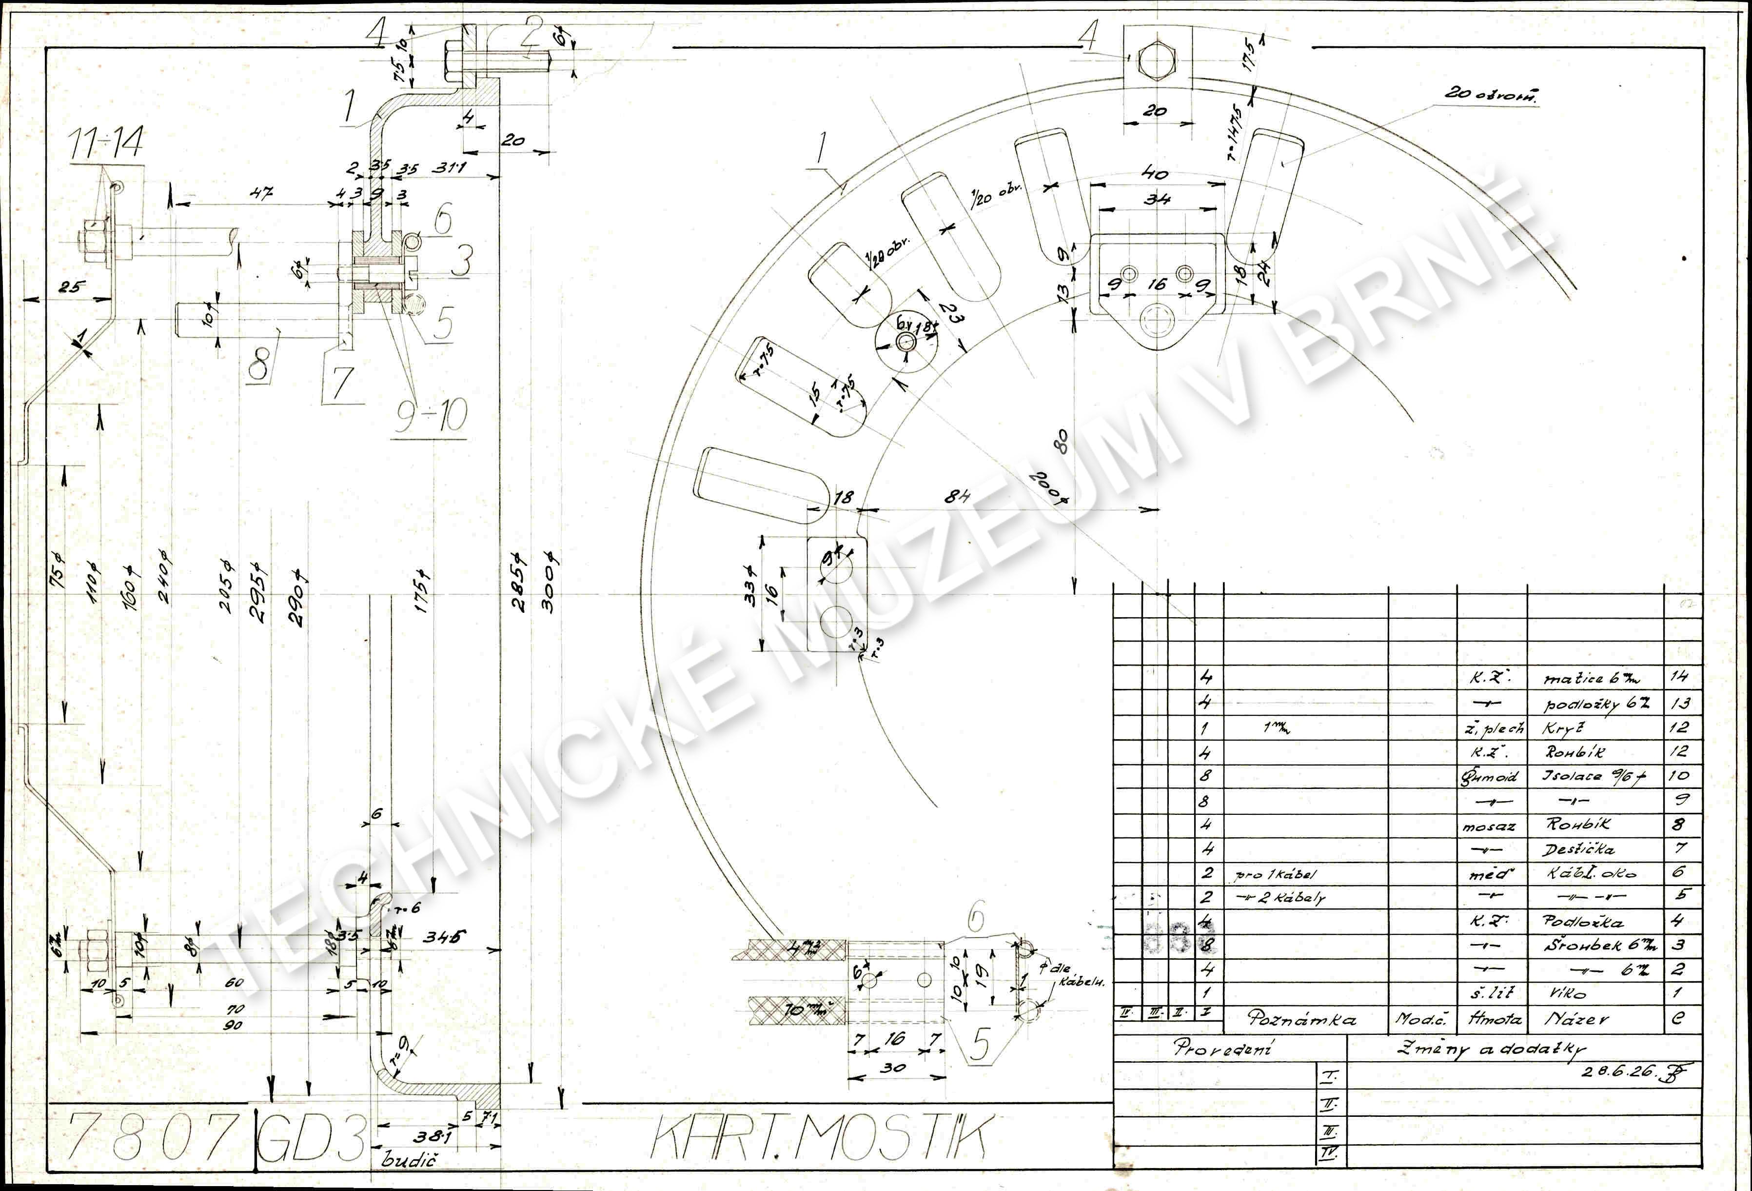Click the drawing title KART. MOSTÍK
(818, 1137)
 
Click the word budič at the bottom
(410, 1159)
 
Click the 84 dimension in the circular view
(957, 497)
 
